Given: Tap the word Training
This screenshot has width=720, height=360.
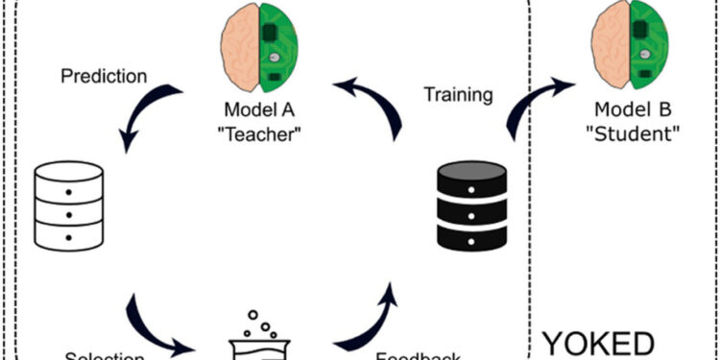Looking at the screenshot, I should click(x=458, y=95).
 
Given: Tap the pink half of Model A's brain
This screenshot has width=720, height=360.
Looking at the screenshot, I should click(x=239, y=46).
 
